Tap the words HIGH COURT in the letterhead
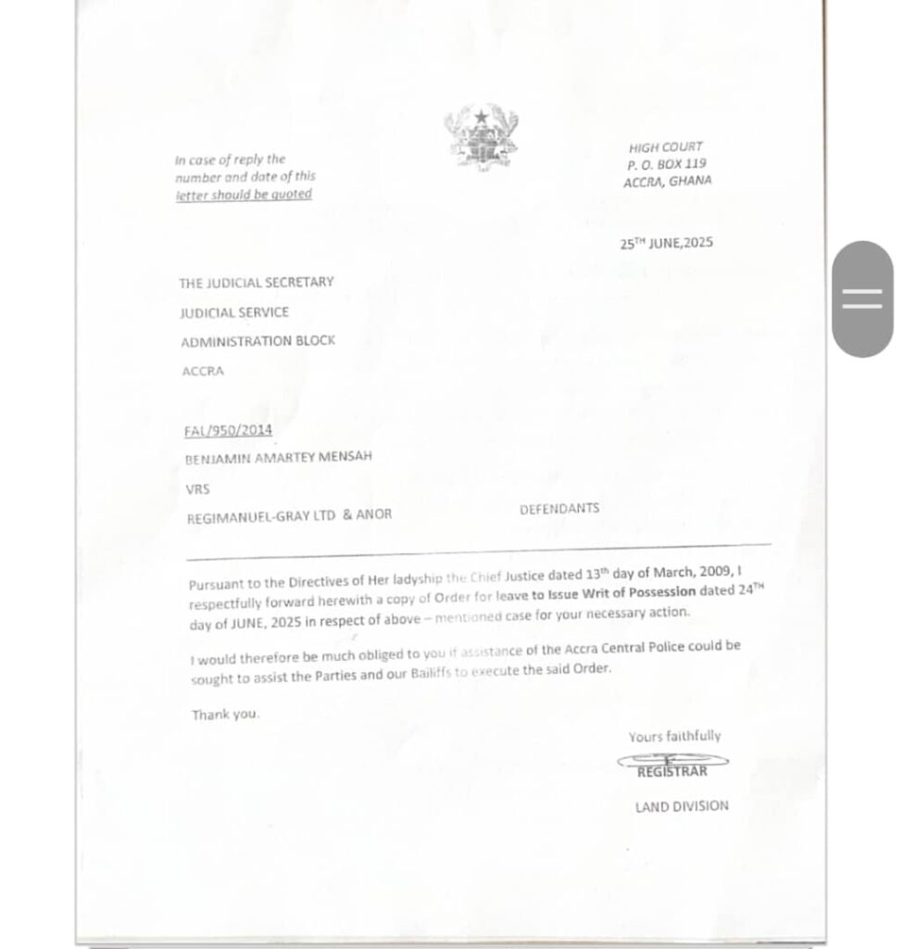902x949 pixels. [x=666, y=147]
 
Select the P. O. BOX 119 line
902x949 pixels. [x=667, y=164]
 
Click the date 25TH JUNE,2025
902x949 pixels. [x=667, y=244]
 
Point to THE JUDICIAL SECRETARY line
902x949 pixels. [x=257, y=283]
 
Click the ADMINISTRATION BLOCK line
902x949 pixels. [x=257, y=341]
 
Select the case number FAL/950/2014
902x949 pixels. [x=228, y=430]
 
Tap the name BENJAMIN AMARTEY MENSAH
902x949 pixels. [x=279, y=457]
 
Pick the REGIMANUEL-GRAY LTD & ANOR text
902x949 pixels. [x=289, y=515]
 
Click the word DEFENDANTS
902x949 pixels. [x=559, y=509]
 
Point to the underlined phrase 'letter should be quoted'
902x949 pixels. [x=244, y=195]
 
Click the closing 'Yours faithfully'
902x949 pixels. [x=674, y=737]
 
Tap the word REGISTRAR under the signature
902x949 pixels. [x=671, y=771]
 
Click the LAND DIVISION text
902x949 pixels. [x=682, y=806]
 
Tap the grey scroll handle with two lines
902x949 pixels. [x=863, y=298]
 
